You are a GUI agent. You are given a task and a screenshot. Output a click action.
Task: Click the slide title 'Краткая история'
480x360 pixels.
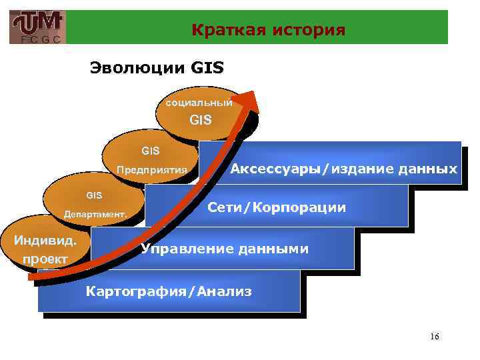coord(268,30)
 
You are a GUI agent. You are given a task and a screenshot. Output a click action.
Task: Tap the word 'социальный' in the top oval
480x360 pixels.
coord(199,103)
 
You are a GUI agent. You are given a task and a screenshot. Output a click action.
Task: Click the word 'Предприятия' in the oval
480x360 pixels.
coord(151,169)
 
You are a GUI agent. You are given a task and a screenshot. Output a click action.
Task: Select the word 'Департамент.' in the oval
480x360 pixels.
coord(94,214)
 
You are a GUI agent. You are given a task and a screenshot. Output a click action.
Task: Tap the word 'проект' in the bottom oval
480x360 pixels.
coord(45,258)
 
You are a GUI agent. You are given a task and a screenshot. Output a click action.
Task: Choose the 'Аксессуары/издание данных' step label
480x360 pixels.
coord(343,169)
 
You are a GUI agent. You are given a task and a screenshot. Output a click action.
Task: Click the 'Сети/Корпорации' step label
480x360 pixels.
coord(277,207)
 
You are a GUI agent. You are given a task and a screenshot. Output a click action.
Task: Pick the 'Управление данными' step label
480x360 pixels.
coord(224,249)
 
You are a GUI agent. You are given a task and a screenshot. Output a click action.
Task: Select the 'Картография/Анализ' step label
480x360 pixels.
coord(169,291)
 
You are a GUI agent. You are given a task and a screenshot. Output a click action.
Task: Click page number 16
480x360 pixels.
coord(435,336)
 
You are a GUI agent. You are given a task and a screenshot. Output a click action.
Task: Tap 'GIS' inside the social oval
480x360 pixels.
coord(201,121)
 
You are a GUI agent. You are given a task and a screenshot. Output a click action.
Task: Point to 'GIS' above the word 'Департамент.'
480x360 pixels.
coord(94,195)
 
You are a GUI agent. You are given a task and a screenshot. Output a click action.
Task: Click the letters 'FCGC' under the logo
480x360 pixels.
coord(38,39)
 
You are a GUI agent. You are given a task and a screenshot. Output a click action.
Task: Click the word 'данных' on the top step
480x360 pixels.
coord(431,169)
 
